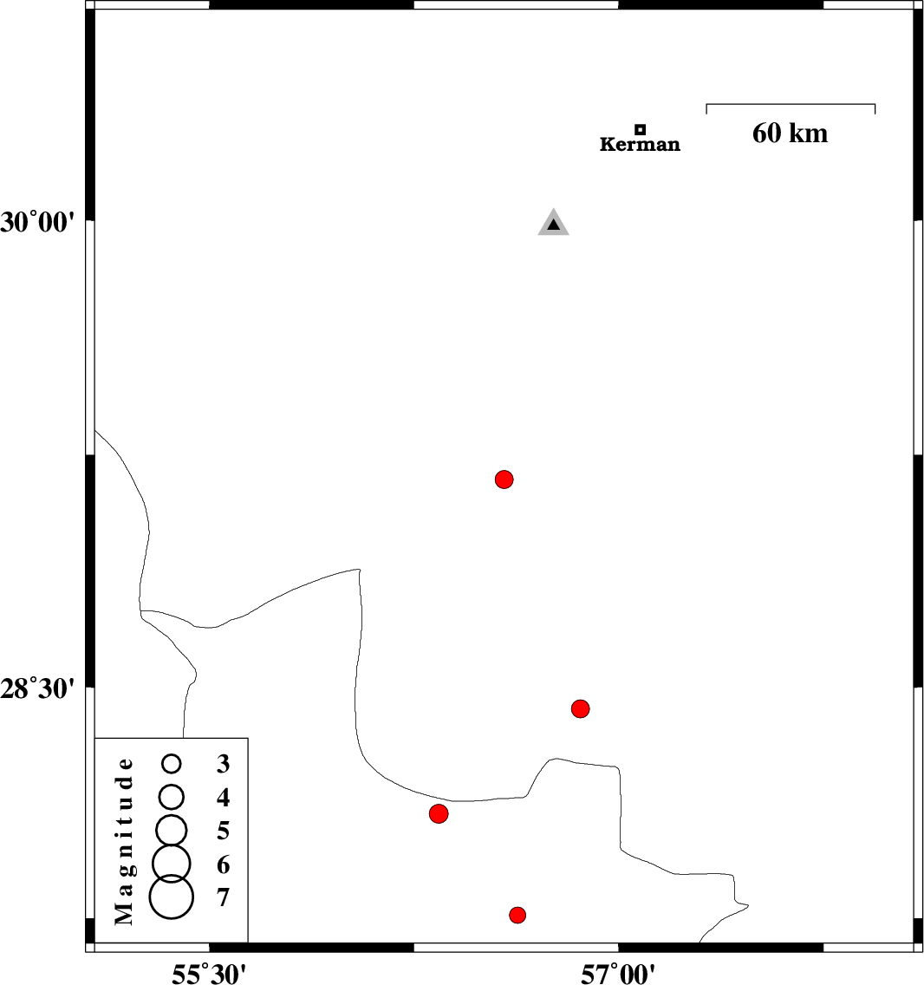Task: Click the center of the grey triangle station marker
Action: click(553, 222)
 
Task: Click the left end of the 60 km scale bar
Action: click(706, 104)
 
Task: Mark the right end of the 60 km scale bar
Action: click(875, 104)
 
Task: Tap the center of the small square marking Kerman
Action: click(640, 129)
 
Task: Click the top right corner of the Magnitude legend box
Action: click(248, 738)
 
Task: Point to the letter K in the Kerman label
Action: click(606, 145)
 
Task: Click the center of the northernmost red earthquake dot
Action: click(504, 479)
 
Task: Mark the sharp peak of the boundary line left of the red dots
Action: click(360, 569)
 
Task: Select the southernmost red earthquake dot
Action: click(517, 915)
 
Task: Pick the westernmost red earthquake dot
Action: click(439, 813)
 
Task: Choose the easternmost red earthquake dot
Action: click(581, 708)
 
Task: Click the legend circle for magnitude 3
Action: click(172, 763)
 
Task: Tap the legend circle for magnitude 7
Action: click(172, 897)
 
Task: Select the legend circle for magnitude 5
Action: click(172, 830)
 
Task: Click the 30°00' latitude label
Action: click(37, 222)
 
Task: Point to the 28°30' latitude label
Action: click(37, 688)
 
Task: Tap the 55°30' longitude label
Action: click(209, 974)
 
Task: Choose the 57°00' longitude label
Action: click(618, 974)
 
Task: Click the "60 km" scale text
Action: click(791, 134)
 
